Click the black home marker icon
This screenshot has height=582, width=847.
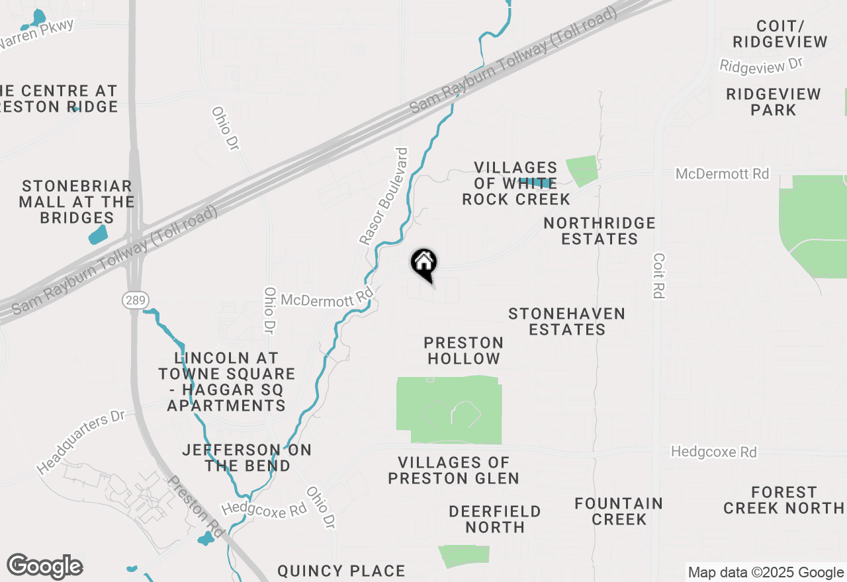(423, 263)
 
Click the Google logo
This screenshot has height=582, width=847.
(44, 566)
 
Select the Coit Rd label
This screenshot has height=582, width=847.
(658, 275)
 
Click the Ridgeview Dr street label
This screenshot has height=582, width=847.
(761, 65)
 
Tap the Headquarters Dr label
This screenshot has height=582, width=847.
(81, 443)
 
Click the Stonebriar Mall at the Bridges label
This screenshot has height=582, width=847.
(77, 202)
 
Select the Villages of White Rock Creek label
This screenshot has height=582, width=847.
(516, 183)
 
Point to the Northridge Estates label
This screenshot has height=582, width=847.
(600, 231)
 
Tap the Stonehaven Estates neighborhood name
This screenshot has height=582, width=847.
(567, 321)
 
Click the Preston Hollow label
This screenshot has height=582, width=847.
(464, 351)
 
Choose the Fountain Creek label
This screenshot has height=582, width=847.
(619, 511)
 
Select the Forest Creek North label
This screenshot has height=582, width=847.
(783, 500)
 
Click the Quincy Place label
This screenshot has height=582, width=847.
(341, 571)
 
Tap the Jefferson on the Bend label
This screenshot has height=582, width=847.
(247, 458)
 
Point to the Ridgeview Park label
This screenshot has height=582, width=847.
(774, 102)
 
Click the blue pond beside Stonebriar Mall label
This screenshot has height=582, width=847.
(97, 234)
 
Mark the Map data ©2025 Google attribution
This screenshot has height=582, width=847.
(766, 573)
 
